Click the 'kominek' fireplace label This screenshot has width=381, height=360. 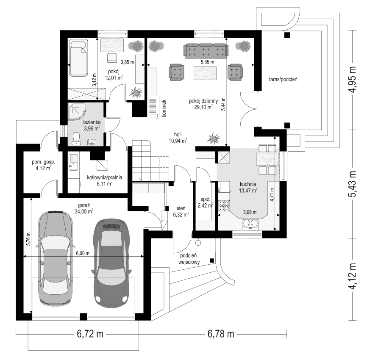coord(163,108)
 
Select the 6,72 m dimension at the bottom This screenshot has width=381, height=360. coord(90,334)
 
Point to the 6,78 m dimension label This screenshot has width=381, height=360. coord(221,334)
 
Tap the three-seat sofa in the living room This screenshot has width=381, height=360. coord(206,51)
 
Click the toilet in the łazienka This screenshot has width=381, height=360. coord(77,138)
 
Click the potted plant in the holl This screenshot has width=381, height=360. coord(213,138)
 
